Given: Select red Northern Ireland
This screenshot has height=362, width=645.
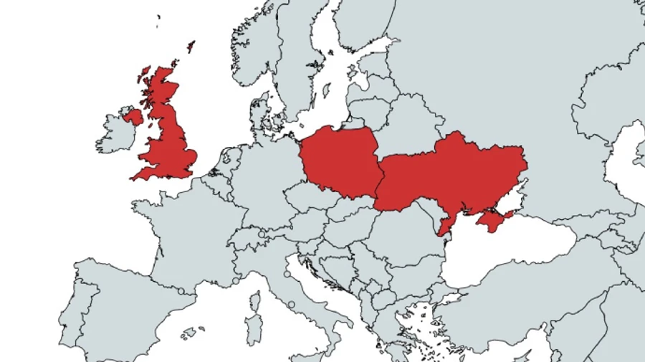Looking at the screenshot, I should click(x=133, y=116).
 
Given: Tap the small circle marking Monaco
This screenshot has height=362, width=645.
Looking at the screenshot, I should click(x=235, y=281).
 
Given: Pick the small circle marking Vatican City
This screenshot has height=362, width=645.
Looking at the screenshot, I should click(x=292, y=305).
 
